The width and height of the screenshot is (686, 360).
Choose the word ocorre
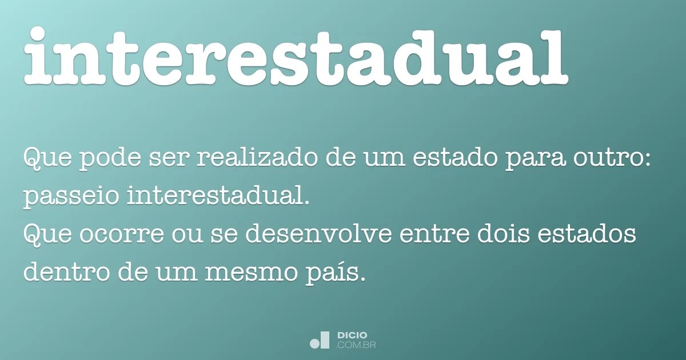(122, 235)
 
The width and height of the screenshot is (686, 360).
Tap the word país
(332, 273)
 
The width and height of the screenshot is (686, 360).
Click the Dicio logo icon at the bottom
(319, 340)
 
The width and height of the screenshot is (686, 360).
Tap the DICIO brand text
(352, 335)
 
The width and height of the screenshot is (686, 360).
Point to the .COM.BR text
(356, 345)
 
